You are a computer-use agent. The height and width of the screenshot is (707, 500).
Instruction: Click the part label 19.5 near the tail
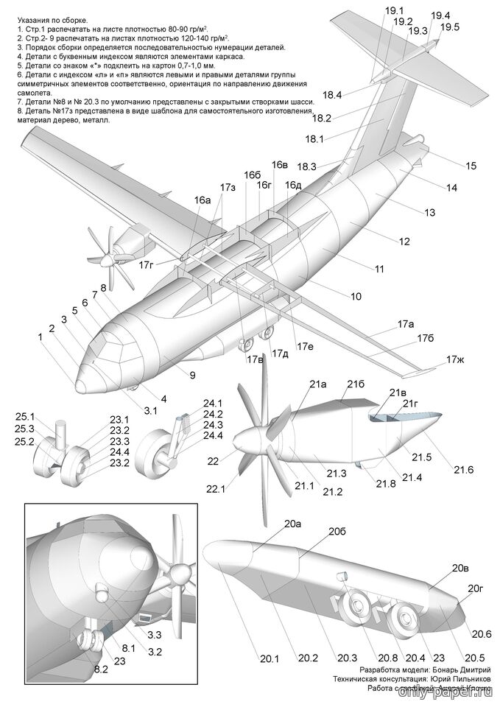(x=449, y=27)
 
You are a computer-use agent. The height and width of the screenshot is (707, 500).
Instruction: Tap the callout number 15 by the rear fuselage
(x=471, y=166)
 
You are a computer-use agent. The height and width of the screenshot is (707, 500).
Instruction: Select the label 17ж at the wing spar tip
(x=456, y=360)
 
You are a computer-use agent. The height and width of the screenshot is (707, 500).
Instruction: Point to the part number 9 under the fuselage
(x=191, y=376)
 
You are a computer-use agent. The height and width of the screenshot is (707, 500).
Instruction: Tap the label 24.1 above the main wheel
(x=213, y=403)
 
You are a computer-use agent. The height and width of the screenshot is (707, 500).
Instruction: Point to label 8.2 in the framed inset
(x=99, y=669)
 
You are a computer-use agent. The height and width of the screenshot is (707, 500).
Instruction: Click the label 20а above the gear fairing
(x=293, y=524)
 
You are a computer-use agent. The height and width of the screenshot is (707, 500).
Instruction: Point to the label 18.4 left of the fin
(x=332, y=94)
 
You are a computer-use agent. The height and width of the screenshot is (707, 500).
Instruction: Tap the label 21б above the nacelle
(x=356, y=384)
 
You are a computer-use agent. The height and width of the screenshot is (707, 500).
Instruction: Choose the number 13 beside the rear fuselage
(x=430, y=213)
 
